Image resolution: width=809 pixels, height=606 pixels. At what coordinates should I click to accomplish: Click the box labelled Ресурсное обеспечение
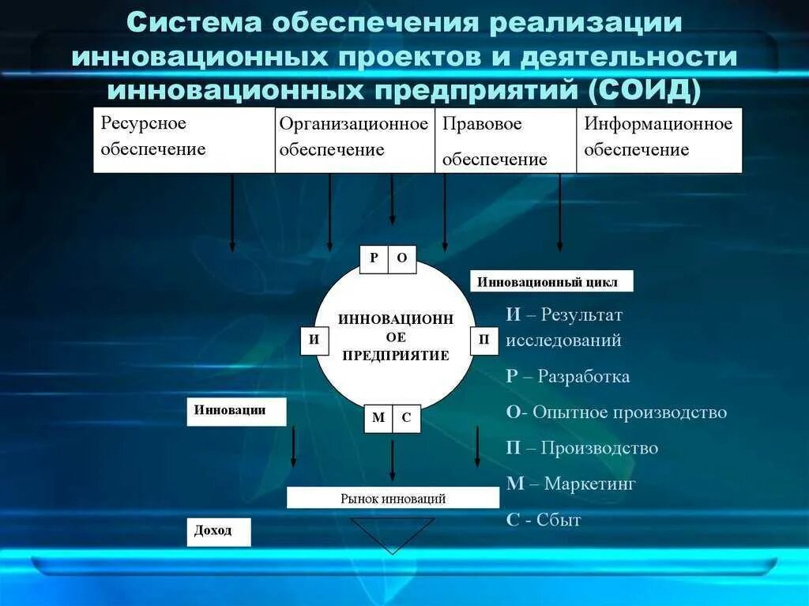(184, 140)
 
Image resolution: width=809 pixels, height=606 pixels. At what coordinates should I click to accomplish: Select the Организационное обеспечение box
(355, 140)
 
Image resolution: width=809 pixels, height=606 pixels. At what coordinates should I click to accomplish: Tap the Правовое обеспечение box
(506, 140)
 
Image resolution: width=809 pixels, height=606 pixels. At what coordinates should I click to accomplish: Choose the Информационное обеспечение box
(659, 140)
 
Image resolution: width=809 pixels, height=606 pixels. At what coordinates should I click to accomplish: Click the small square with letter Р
(374, 258)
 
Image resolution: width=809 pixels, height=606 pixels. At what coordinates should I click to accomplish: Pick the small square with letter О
(402, 258)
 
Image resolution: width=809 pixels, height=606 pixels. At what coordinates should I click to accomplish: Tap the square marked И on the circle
(314, 341)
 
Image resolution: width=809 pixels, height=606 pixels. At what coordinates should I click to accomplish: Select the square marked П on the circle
(484, 341)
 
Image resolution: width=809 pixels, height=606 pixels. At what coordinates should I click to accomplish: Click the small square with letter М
(378, 418)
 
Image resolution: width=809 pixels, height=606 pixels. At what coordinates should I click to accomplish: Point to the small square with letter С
(406, 418)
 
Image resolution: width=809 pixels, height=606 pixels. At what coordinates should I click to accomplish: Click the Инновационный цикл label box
(552, 282)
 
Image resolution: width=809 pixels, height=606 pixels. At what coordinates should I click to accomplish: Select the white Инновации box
(236, 412)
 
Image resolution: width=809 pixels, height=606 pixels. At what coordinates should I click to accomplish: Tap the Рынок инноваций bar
(393, 498)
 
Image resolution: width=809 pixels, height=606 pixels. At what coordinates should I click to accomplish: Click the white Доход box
(219, 532)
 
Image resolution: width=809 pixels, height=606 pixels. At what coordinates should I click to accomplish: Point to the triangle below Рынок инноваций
(393, 532)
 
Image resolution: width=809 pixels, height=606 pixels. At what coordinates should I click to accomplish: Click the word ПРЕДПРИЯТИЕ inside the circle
(395, 356)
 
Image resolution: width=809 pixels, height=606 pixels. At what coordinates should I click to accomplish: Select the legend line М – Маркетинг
(570, 484)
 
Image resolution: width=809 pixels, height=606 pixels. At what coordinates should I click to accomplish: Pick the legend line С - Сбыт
(544, 520)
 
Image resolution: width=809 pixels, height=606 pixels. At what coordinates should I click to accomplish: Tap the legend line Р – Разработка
(568, 376)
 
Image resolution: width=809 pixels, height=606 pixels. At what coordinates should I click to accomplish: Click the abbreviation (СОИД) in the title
(644, 89)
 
